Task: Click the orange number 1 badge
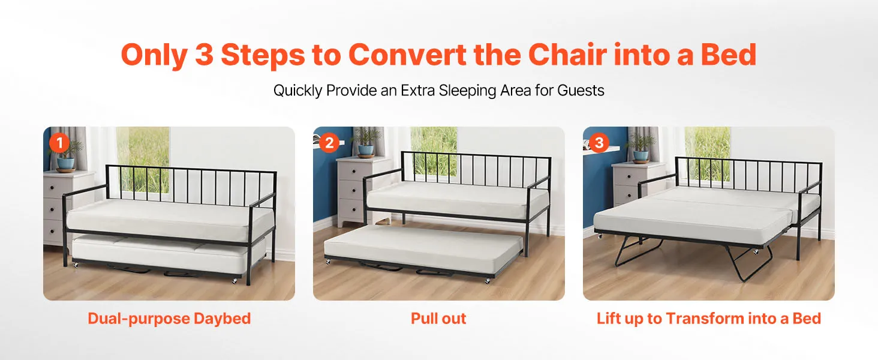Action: [x=59, y=142]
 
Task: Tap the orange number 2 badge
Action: [x=329, y=142]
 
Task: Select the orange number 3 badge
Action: [x=599, y=142]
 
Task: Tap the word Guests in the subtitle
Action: [x=581, y=91]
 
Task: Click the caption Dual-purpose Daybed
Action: [x=169, y=319]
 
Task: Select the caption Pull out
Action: [x=438, y=319]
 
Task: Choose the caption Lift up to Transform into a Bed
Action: [x=709, y=319]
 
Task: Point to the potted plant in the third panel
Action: [x=641, y=148]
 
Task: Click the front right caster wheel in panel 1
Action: [x=234, y=281]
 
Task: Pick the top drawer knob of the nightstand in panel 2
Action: [x=354, y=172]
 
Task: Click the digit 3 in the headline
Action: [x=205, y=55]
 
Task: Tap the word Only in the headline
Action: [x=154, y=55]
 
